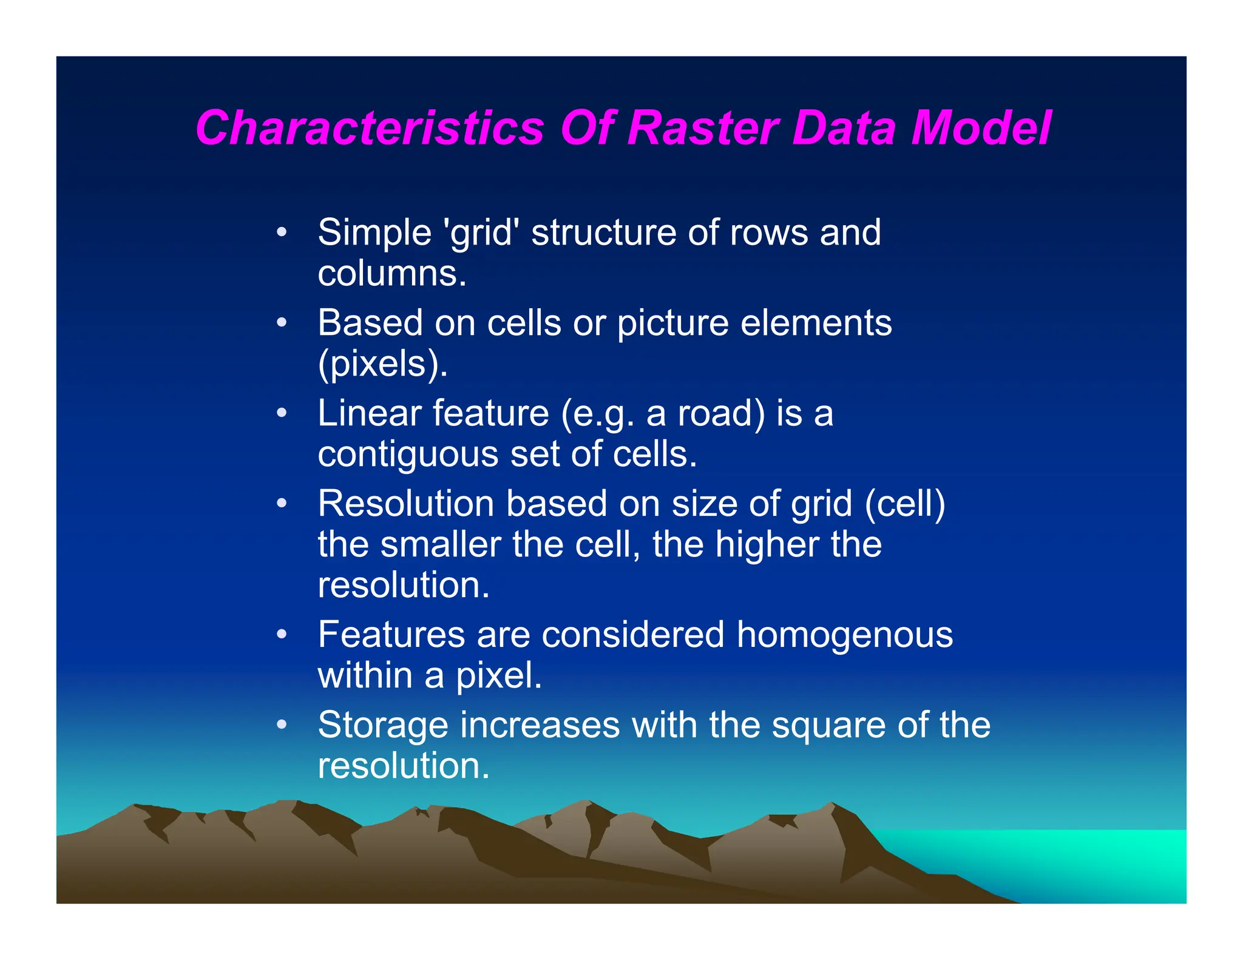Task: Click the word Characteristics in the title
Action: point(370,128)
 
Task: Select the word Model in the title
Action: point(981,128)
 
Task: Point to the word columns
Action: point(391,274)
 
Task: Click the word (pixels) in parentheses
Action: point(382,364)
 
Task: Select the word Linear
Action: point(370,413)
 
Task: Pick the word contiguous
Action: point(408,455)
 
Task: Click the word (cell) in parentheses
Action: point(905,504)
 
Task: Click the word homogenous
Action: point(844,635)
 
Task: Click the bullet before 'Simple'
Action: point(281,233)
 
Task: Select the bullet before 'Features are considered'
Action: point(281,635)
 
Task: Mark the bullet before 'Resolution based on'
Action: point(281,504)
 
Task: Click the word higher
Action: point(767,544)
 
